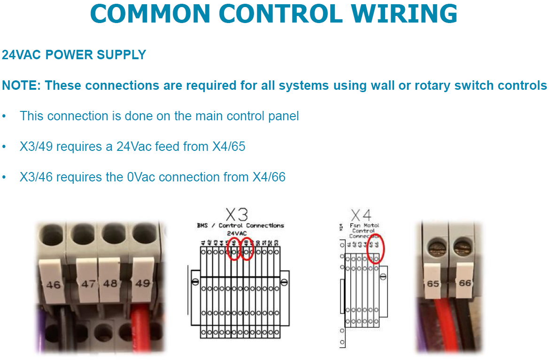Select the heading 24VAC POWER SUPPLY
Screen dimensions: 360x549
coord(74,55)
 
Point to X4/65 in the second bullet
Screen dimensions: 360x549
coord(229,147)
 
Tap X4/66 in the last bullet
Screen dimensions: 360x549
coord(269,177)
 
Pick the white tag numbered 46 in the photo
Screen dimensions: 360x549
coord(53,284)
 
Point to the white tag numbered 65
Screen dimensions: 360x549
coord(433,283)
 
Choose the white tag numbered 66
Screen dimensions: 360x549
coord(464,283)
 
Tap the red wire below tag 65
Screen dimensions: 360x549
coord(434,324)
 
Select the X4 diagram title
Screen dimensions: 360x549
coord(361,215)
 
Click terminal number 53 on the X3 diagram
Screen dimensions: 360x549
coord(277,243)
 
